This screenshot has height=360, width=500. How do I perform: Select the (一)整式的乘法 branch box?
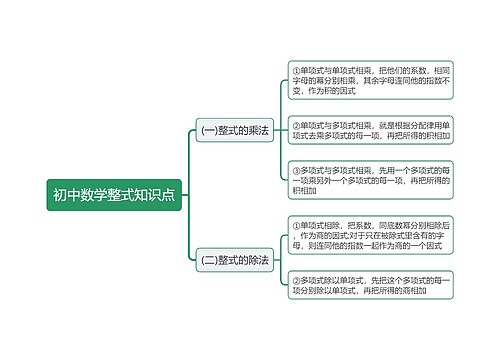235,130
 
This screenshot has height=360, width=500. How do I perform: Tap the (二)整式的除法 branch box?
235,260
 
